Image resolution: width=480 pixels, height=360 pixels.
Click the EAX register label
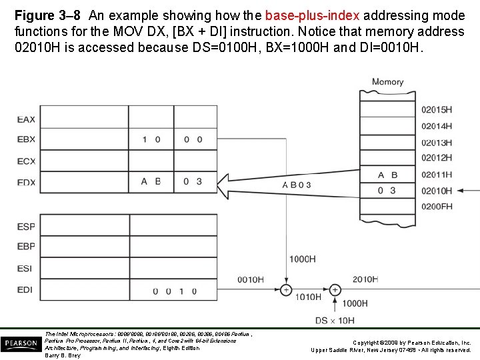[x=26, y=120]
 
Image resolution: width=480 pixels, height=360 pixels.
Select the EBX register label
[x=26, y=140]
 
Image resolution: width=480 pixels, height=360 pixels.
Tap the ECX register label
[x=26, y=161]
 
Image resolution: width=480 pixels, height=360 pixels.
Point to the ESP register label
[x=26, y=227]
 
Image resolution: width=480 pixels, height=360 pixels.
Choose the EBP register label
[x=26, y=247]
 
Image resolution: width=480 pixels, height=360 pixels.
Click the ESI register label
[x=25, y=269]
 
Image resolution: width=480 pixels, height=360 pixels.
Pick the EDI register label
[x=25, y=290]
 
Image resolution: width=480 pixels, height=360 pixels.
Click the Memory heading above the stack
[x=387, y=82]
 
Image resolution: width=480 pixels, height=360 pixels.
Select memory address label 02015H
[x=437, y=109]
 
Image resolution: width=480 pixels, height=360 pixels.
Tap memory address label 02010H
[x=437, y=191]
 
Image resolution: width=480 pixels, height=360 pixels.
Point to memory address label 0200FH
[x=437, y=207]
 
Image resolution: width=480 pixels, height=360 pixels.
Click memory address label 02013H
[x=437, y=142]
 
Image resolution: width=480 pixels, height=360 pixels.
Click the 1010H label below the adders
[x=308, y=297]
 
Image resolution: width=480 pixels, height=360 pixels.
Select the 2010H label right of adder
[x=365, y=279]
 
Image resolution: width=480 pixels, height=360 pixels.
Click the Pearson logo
[x=20, y=344]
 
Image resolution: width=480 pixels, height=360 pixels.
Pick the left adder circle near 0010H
[x=286, y=290]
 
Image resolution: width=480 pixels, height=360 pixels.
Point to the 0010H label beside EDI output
[x=250, y=279]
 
